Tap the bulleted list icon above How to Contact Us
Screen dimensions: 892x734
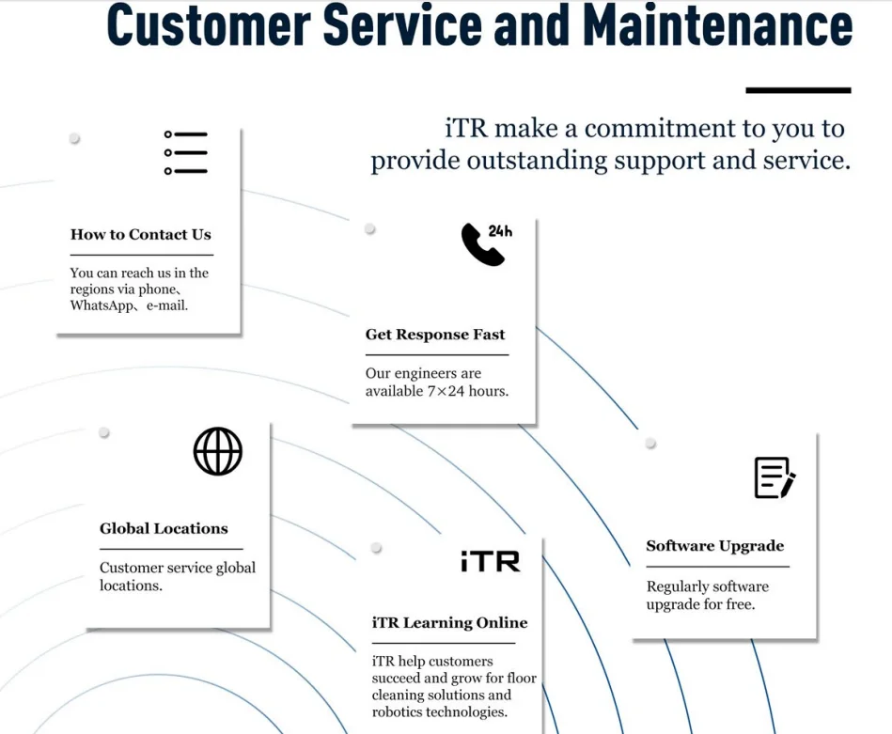point(186,153)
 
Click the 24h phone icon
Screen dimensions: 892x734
point(486,244)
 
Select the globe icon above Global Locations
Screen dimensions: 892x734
point(218,451)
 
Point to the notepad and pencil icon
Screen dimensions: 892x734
point(775,477)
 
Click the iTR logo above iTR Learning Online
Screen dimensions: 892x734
point(490,561)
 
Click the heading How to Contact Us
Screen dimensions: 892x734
point(141,235)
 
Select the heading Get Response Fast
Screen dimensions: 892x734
point(435,335)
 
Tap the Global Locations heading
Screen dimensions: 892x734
point(164,528)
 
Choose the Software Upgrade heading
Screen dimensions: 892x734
point(714,546)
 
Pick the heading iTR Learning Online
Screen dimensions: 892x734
point(449,622)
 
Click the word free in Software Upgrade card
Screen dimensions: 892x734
point(740,604)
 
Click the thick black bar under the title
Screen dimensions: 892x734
point(798,90)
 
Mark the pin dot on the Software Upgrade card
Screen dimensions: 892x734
point(650,443)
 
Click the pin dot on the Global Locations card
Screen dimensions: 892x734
point(104,432)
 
